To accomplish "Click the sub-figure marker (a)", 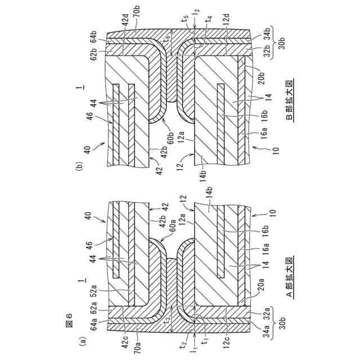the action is click(x=83, y=340).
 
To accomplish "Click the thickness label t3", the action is click(x=164, y=320).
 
